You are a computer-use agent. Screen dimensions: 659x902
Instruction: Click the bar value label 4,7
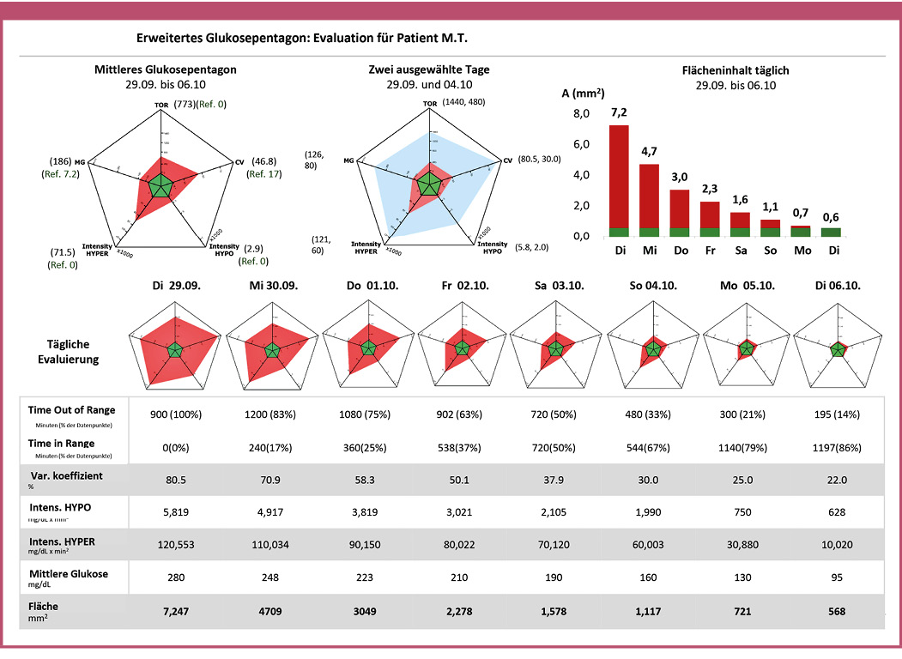click(x=649, y=151)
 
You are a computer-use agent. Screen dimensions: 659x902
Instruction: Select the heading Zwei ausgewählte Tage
click(x=429, y=70)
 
